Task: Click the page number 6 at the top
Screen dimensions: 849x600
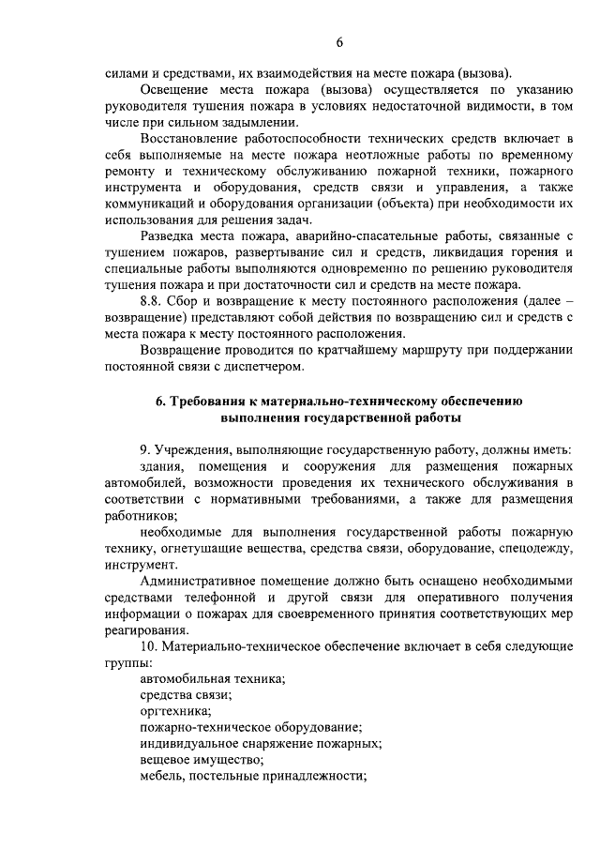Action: [340, 41]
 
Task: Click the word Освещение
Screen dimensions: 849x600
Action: [174, 89]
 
